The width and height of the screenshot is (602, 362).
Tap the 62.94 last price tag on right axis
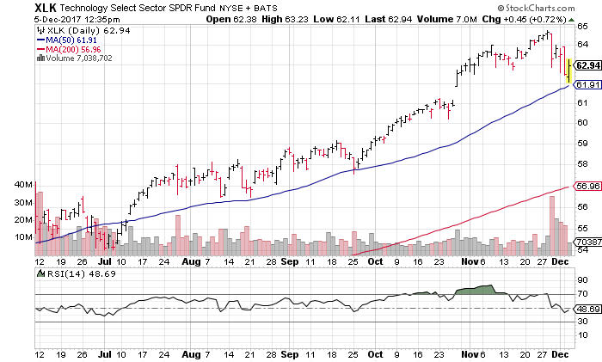coord(587,65)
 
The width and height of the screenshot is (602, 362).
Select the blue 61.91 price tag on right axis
coord(587,85)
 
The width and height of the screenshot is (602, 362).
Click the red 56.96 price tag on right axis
coord(587,186)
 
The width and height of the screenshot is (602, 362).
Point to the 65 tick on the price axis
coord(582,26)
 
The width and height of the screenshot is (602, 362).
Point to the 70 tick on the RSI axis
coord(582,293)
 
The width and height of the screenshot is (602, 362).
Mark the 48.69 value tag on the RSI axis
coord(587,309)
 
